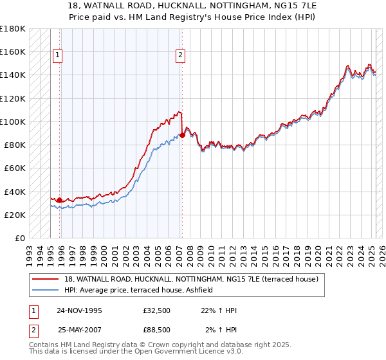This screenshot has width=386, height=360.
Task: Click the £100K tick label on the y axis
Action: [x=13, y=122]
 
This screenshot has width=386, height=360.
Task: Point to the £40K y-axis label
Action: [x=15, y=192]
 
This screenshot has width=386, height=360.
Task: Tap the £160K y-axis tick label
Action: [x=13, y=51]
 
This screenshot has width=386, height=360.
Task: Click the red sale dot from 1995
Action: [x=60, y=200]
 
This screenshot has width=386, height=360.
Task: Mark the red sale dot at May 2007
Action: [x=183, y=135]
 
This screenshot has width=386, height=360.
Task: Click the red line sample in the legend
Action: [x=46, y=279]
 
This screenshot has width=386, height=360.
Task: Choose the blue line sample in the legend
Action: [x=46, y=291]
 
